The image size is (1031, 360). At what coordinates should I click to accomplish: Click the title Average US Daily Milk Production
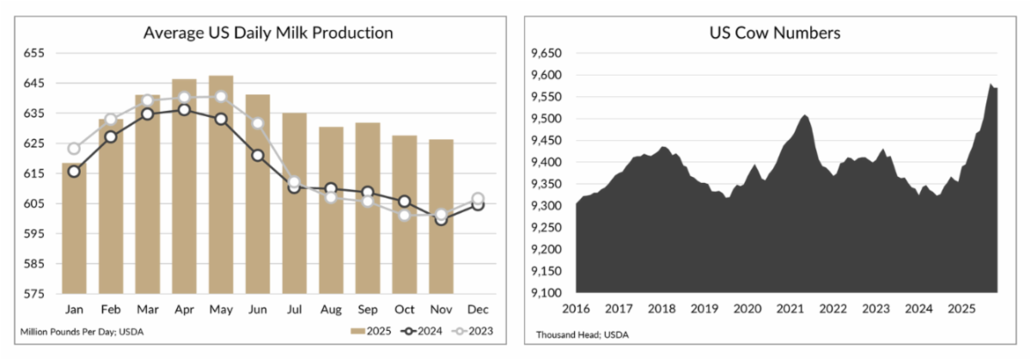coord(269,34)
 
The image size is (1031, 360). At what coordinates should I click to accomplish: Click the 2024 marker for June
coord(258,156)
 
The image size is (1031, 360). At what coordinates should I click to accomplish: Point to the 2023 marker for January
coord(74,149)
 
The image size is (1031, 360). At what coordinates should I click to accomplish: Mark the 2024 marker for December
coord(478,204)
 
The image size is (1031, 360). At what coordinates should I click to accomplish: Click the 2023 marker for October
coord(404,215)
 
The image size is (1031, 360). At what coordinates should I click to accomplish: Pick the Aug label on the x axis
coord(331,308)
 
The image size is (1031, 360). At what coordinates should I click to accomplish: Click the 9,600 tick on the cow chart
coord(546,76)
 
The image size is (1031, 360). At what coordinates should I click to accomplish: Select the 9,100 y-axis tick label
coord(546,294)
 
